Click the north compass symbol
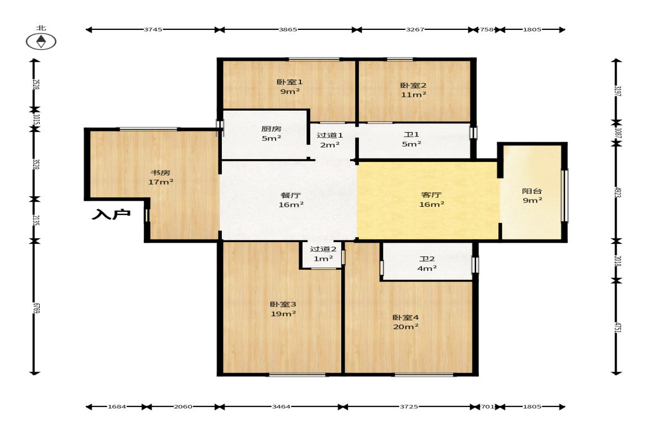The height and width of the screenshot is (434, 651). coord(41,41)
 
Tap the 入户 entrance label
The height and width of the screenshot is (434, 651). coord(111,215)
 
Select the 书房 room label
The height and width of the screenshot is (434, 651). coord(160,172)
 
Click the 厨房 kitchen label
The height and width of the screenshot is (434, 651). coord(271,129)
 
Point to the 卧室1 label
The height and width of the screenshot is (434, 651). coord(289,82)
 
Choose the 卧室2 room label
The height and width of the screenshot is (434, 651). coord(413,86)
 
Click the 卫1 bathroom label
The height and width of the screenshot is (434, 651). coord(412,134)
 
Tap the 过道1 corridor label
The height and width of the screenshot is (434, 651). coord(330,135)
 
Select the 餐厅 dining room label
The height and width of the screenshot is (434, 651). coord(290,195)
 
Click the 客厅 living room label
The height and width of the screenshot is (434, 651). coord(431,195)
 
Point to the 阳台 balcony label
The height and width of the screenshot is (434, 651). coord(532,191)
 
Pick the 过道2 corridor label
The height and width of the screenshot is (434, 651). coord(323,249)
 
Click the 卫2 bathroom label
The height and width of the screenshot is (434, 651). coord(427,259)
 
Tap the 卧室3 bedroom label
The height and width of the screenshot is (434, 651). coord(283,305)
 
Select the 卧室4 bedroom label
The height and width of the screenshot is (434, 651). coord(405,318)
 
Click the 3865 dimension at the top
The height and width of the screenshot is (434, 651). coord(288,29)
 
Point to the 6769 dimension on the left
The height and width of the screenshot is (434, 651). coord(36,308)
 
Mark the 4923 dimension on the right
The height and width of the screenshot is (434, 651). coord(617,192)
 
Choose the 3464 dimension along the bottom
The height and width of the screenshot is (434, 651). coord(281,406)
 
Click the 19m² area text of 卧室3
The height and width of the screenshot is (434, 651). coord(283,314)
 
